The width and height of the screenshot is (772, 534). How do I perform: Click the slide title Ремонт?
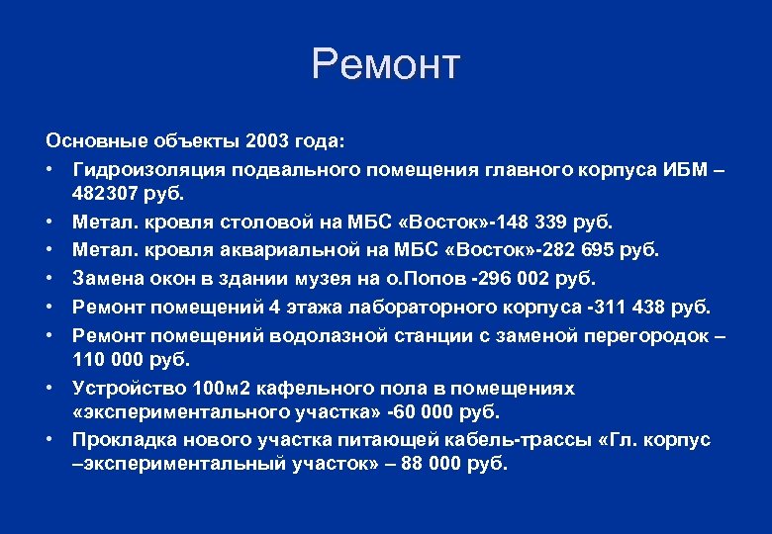coord(385,65)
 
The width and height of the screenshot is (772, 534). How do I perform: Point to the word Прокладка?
coord(120,439)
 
